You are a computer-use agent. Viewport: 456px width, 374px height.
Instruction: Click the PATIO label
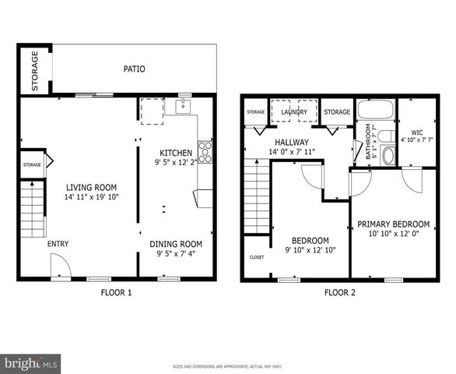pyautogui.click(x=134, y=69)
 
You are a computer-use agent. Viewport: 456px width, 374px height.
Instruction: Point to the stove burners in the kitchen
pyautogui.click(x=205, y=151)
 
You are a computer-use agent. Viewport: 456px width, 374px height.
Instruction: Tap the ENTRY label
pyautogui.click(x=58, y=244)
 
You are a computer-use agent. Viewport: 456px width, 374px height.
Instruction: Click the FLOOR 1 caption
pyautogui.click(x=117, y=293)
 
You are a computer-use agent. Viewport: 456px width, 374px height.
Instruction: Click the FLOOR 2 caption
pyautogui.click(x=339, y=293)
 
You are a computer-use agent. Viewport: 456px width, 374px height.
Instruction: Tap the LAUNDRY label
pyautogui.click(x=294, y=112)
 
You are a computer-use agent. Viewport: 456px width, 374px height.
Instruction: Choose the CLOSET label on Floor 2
pyautogui.click(x=256, y=257)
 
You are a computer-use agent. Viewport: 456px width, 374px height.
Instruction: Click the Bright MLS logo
pyautogui.click(x=31, y=363)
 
